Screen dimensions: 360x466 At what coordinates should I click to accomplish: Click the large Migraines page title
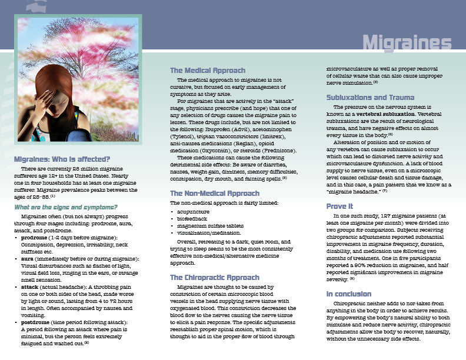407,43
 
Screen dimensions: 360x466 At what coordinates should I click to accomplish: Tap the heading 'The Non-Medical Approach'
214,193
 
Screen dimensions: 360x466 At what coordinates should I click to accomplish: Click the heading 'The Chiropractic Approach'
215,277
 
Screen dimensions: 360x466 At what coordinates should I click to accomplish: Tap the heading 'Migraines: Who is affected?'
62,159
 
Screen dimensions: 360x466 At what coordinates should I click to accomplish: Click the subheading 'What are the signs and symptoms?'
65,207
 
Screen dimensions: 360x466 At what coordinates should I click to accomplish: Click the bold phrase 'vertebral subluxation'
382,114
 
